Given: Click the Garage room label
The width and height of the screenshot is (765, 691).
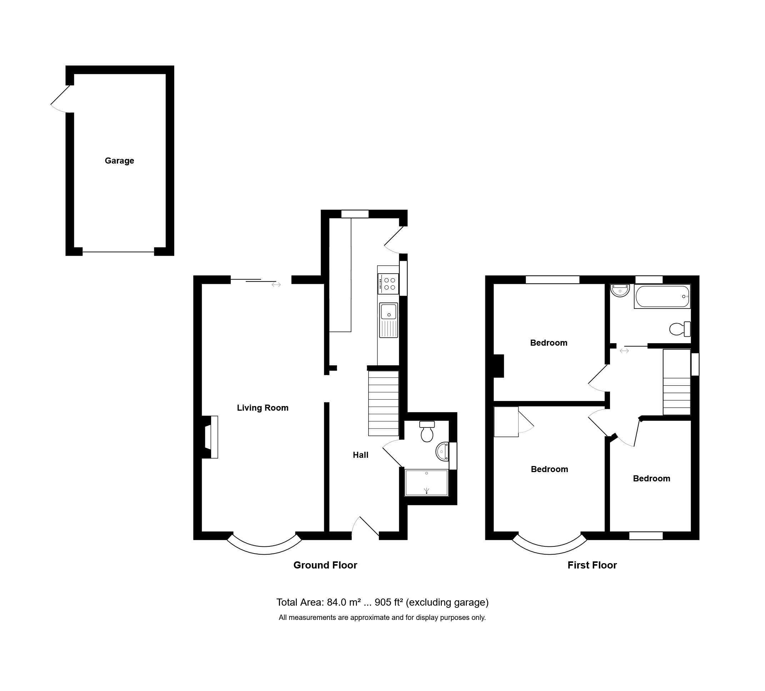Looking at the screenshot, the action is (x=120, y=161).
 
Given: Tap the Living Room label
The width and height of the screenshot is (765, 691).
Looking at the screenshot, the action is (x=262, y=408).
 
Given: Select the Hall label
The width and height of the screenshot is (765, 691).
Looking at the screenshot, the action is (x=360, y=455).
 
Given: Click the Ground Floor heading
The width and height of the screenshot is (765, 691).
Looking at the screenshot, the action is (x=325, y=565).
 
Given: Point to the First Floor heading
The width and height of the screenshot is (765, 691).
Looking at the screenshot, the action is (x=592, y=565).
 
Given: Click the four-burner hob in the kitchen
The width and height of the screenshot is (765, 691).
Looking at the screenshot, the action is (x=388, y=284).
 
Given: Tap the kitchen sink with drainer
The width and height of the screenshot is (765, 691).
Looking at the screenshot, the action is (x=388, y=320).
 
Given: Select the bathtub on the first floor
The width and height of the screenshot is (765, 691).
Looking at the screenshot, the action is (x=662, y=296).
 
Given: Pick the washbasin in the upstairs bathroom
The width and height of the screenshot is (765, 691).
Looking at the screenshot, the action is (x=620, y=290).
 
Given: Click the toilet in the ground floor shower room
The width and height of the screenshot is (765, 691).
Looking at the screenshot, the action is (x=427, y=431).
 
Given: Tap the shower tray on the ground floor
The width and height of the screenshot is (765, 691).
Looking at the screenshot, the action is (x=426, y=483).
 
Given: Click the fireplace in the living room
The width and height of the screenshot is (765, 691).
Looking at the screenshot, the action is (x=211, y=437).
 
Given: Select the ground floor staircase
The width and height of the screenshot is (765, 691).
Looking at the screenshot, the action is (x=383, y=403).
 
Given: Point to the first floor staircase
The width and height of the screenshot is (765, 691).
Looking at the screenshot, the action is (x=676, y=382).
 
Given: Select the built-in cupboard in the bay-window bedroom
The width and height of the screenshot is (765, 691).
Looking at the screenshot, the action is (x=506, y=422).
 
